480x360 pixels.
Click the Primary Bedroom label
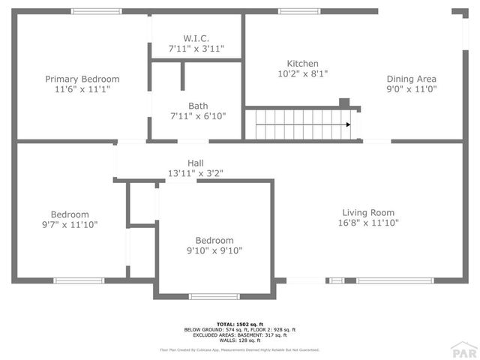pyautogui.click(x=82, y=79)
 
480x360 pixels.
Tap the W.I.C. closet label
pyautogui.click(x=196, y=38)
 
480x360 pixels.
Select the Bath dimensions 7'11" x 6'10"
pyautogui.click(x=198, y=116)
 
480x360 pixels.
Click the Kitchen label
pyautogui.click(x=303, y=64)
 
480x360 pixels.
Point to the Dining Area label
pyautogui.click(x=411, y=79)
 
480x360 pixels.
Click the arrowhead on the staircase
pyautogui.click(x=349, y=124)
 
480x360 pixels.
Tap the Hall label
pyautogui.click(x=195, y=163)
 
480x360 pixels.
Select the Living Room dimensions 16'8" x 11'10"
pyautogui.click(x=368, y=223)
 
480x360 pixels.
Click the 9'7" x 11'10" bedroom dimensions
pyautogui.click(x=69, y=224)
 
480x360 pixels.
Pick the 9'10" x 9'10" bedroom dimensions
pyautogui.click(x=214, y=251)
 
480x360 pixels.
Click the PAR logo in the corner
pyautogui.click(x=464, y=349)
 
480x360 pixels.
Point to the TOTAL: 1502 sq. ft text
pyautogui.click(x=239, y=324)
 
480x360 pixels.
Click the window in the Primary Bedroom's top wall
pyautogui.click(x=96, y=11)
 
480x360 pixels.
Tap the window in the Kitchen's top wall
pyautogui.click(x=294, y=11)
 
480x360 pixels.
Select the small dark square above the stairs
pyautogui.click(x=344, y=102)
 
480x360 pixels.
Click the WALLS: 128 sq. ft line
pyautogui.click(x=239, y=340)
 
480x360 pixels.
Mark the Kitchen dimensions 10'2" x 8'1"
pyautogui.click(x=303, y=74)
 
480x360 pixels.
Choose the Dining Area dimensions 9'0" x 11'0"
pyautogui.click(x=411, y=89)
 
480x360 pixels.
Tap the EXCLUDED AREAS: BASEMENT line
pyautogui.click(x=239, y=335)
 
